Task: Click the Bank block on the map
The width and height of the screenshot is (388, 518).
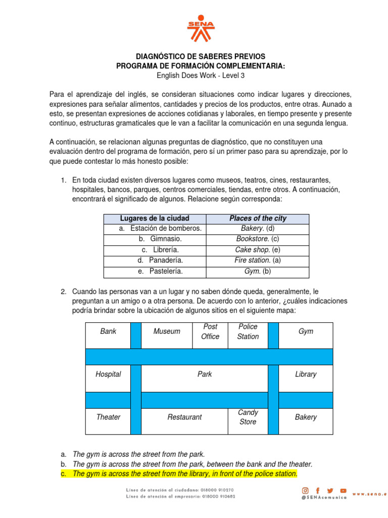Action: tap(108, 331)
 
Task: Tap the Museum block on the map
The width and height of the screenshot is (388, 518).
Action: tap(167, 331)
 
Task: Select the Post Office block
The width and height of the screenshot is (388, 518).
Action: tap(210, 332)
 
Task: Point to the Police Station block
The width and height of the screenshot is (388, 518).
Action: tap(248, 332)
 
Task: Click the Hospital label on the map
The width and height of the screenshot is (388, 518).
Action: tap(108, 374)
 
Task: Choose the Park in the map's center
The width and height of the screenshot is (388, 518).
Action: tap(205, 374)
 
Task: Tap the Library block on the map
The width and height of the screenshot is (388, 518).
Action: tap(306, 374)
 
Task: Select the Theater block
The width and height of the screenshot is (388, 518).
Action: tap(108, 417)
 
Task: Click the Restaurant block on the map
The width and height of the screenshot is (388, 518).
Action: tap(184, 417)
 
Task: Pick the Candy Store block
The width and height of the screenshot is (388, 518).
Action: tap(248, 417)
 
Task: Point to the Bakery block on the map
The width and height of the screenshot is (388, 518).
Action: tap(306, 417)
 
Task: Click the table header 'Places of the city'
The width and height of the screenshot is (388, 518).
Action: tap(258, 219)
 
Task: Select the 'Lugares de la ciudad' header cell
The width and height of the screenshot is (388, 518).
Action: tap(155, 219)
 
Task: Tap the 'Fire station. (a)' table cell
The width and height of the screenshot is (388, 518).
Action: tap(258, 260)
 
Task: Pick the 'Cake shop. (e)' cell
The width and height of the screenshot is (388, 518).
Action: tap(258, 250)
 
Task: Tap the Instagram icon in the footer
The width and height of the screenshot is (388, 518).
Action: tap(305, 491)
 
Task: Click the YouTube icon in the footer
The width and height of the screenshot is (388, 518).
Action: tap(344, 491)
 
